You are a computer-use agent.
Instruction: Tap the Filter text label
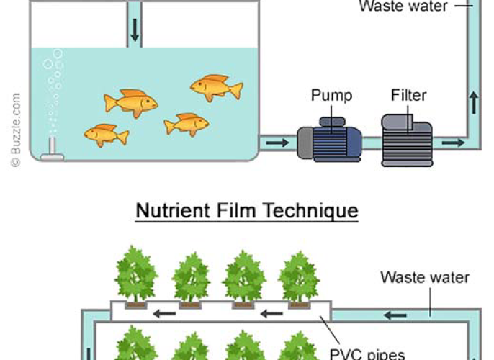pos(408,95)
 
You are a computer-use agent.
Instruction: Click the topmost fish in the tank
pos(215,87)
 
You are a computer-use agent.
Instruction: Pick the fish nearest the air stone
pos(106,134)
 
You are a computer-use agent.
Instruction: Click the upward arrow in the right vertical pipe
pos(473,103)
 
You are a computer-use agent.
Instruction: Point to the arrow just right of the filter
pos(452,143)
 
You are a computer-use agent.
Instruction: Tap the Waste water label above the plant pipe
pos(424,277)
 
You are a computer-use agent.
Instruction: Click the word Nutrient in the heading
pos(169,211)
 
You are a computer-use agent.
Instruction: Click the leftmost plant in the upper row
pos(135,276)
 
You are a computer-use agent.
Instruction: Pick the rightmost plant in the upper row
pos(298,276)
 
